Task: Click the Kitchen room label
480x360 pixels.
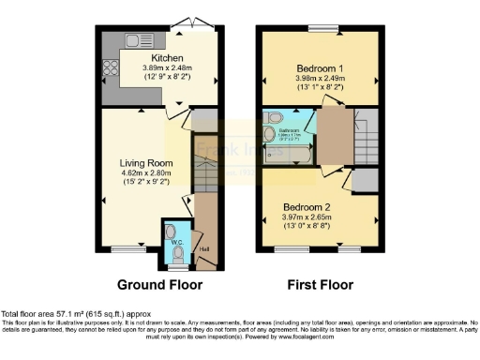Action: (x=154, y=57)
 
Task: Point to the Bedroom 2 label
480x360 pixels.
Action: (x=318, y=205)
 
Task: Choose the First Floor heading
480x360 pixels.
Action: (x=319, y=284)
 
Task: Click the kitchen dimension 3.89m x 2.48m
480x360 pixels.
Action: (x=153, y=67)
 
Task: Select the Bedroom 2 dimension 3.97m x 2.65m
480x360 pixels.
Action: (x=318, y=217)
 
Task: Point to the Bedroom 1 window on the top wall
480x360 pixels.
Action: (x=322, y=26)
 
